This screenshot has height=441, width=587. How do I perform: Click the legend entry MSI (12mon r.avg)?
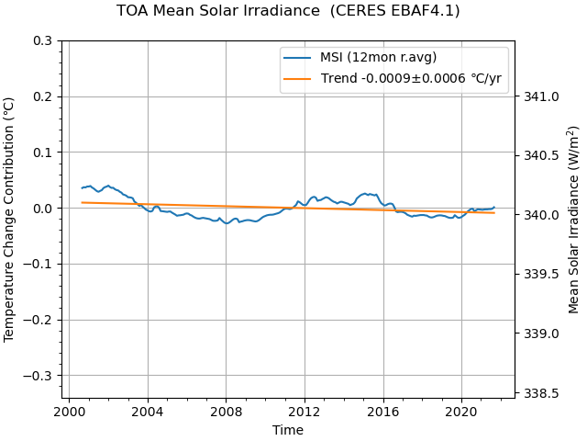coord(378,57)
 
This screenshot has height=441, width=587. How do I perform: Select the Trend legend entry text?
coord(411,79)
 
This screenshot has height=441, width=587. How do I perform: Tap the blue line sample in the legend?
coord(297,57)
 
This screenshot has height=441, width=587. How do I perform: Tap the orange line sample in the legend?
coord(297,79)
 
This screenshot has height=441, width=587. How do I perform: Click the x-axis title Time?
coord(287,430)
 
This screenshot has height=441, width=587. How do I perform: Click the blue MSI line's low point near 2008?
coord(227,223)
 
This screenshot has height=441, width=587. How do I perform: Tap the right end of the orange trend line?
coord(494,213)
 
